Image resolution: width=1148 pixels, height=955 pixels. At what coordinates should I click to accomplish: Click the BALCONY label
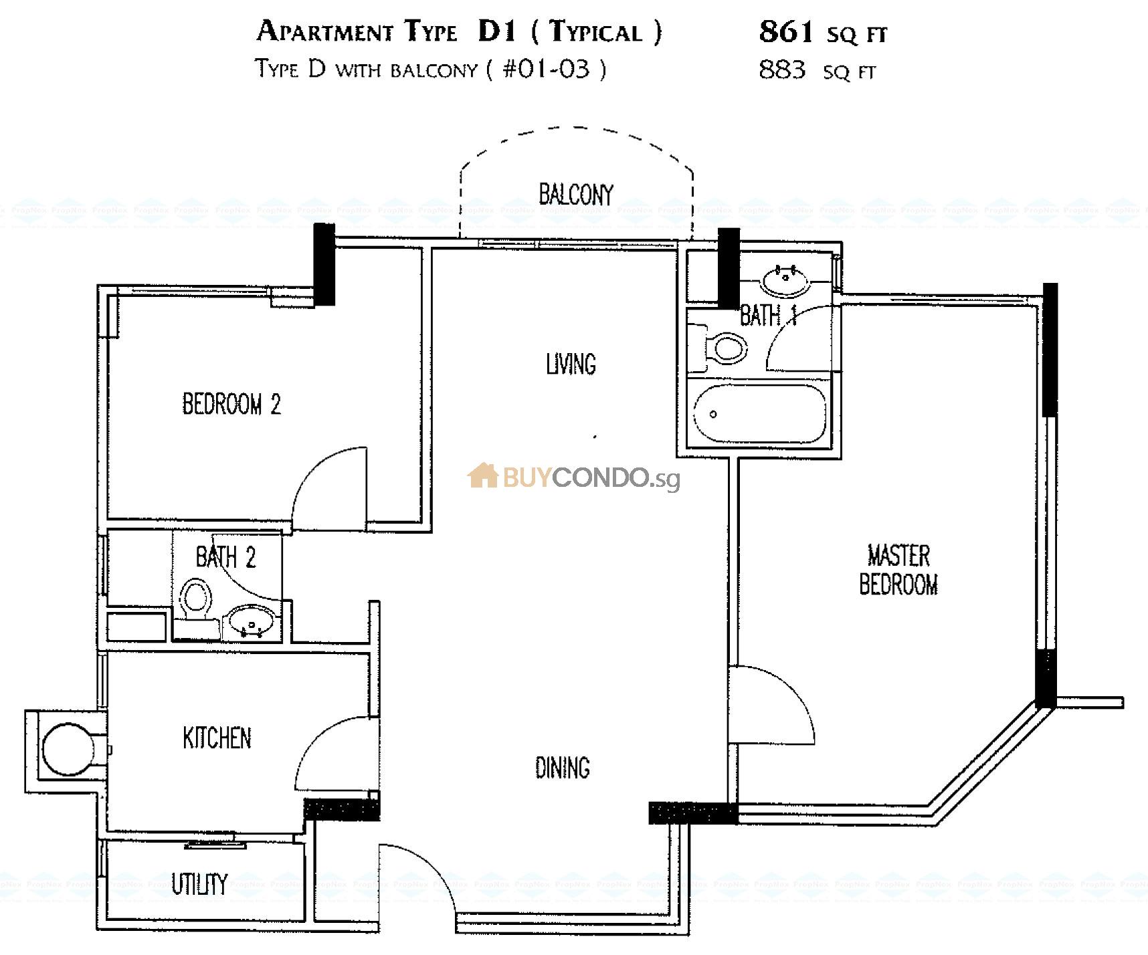(575, 195)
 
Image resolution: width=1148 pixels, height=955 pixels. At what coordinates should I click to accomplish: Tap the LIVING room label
(571, 364)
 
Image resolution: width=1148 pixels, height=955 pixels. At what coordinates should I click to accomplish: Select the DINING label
(562, 768)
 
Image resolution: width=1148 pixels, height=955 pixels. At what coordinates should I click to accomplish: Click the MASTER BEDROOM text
(898, 570)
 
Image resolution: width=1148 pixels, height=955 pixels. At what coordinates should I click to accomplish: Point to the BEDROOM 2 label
(231, 405)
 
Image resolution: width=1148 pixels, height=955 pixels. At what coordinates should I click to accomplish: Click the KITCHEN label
(217, 738)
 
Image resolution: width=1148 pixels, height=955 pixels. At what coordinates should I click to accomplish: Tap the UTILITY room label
(199, 884)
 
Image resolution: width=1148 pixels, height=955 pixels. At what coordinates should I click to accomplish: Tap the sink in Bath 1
(785, 281)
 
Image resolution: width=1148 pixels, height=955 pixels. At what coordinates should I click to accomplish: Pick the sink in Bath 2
(250, 622)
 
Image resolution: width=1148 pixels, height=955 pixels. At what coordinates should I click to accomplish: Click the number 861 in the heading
(786, 31)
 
